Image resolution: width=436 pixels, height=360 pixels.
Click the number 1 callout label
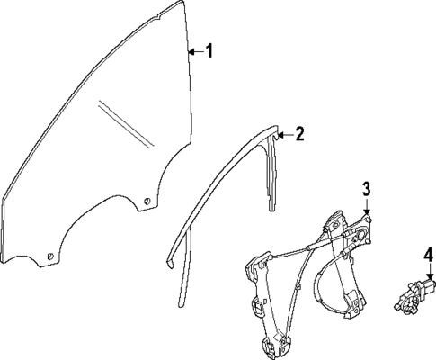pos(209,51)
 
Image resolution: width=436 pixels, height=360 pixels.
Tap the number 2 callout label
pos(299,135)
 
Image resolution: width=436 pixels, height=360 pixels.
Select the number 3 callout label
pos(367,188)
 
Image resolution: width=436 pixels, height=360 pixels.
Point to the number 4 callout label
pos(429,254)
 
